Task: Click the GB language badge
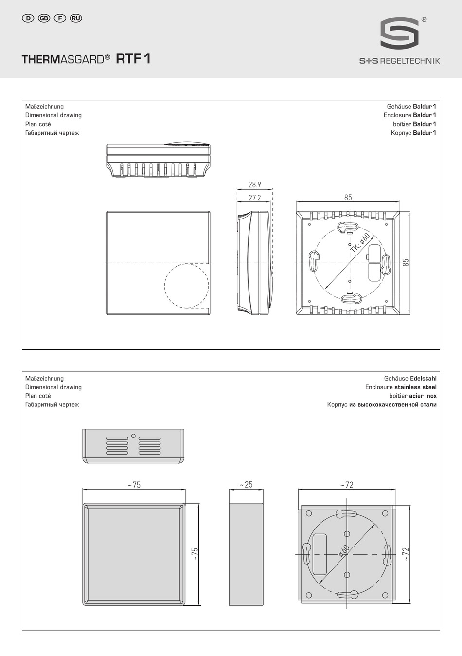pos(44,18)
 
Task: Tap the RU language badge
pos(76,18)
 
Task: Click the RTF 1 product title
pos(133,58)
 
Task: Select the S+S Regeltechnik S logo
pos(399,33)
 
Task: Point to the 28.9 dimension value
pos(254,184)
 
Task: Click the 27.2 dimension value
pos(254,198)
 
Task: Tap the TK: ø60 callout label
pos(360,243)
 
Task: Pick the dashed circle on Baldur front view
pos(165,286)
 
